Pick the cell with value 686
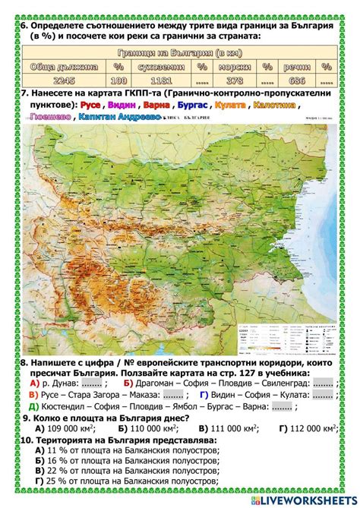(297, 80)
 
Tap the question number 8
(24, 364)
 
